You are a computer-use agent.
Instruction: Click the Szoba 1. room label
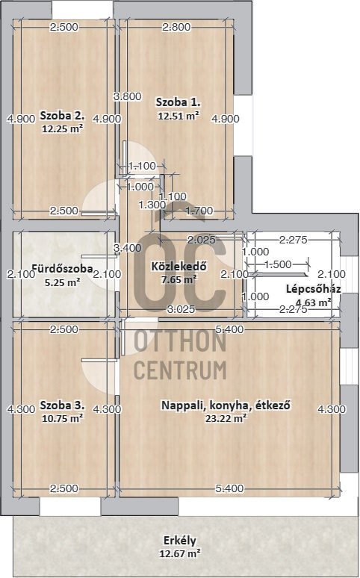click(x=178, y=102)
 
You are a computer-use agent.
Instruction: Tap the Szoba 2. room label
click(x=62, y=116)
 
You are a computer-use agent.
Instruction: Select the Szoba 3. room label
click(x=62, y=405)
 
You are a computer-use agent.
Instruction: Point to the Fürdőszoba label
click(x=62, y=269)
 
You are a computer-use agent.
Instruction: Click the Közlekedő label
click(x=179, y=267)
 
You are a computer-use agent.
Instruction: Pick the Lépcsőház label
click(x=313, y=289)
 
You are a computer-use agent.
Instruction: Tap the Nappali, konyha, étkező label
click(x=226, y=405)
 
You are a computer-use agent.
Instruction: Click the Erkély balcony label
click(x=179, y=541)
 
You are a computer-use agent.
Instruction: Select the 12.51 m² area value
click(x=179, y=116)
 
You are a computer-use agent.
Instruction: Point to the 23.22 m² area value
click(x=226, y=419)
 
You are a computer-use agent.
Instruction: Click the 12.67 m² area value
click(x=179, y=553)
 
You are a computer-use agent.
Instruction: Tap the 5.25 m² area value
click(x=62, y=282)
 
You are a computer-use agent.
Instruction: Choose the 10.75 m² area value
click(x=62, y=419)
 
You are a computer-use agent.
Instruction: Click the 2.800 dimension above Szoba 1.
click(x=176, y=27)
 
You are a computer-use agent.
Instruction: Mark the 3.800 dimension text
click(x=127, y=96)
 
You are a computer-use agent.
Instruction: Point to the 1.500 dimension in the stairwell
click(x=278, y=264)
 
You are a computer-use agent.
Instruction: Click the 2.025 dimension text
click(x=202, y=240)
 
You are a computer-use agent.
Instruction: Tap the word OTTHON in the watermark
click(x=179, y=342)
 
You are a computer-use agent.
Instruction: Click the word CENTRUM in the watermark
click(x=179, y=368)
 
